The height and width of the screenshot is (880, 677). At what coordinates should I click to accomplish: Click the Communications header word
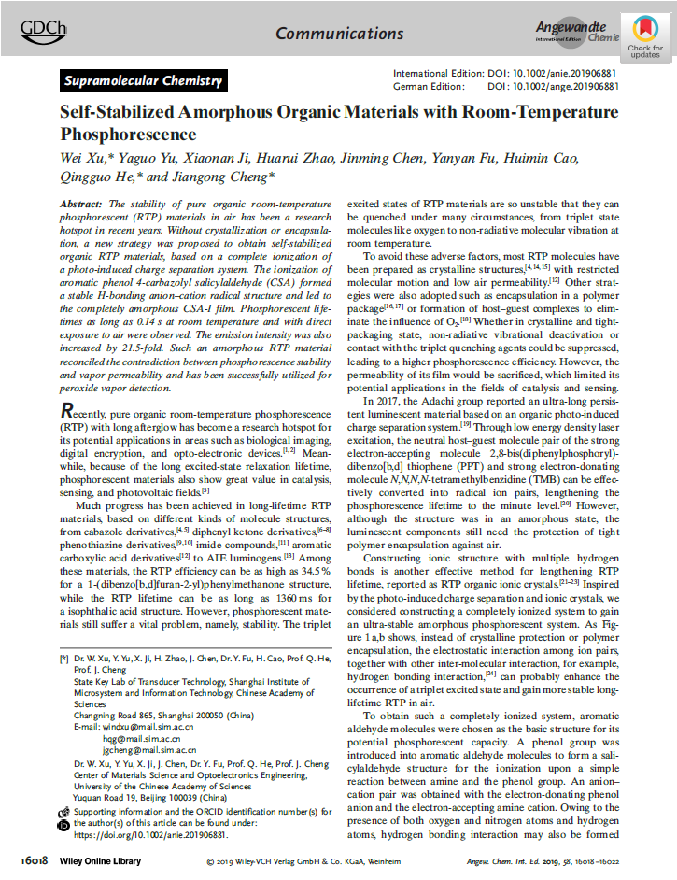(326, 34)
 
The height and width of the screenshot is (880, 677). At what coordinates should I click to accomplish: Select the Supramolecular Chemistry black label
(143, 81)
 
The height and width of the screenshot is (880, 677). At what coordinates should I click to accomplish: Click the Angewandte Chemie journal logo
(577, 32)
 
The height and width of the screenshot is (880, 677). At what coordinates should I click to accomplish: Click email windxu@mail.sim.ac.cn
(148, 724)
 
